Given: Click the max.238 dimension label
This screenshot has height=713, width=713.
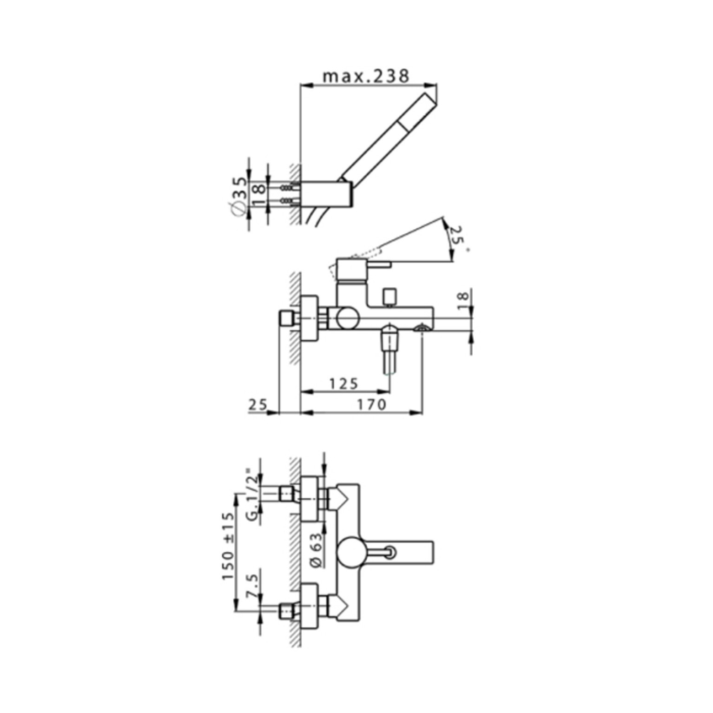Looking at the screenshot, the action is tap(367, 76).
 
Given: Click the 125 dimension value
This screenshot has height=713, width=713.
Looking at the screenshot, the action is tap(344, 384).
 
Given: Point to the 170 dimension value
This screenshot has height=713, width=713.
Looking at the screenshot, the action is tap(372, 404).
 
